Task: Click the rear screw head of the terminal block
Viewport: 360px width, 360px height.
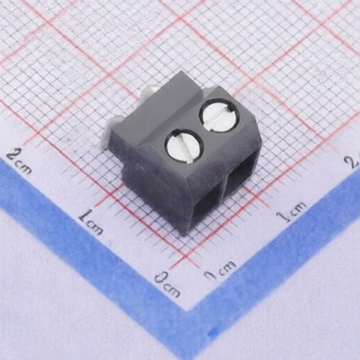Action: [219, 115]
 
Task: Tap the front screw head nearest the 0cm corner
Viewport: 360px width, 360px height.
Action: [184, 146]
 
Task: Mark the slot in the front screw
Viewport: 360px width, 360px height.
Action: [184, 146]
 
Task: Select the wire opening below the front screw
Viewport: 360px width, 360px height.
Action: [208, 206]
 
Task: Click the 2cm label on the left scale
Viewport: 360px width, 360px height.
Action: [19, 161]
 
